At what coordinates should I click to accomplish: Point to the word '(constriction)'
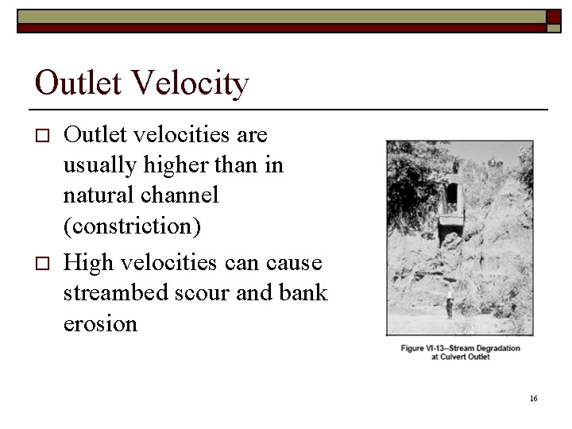[x=132, y=226]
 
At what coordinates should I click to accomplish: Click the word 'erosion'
[x=100, y=323]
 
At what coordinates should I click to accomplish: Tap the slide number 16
[x=533, y=398]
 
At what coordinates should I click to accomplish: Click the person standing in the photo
[x=449, y=303]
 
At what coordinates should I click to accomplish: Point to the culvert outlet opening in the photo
[x=450, y=195]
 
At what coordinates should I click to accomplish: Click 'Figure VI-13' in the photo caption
[x=427, y=348]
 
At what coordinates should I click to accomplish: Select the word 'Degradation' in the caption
[x=493, y=348]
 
